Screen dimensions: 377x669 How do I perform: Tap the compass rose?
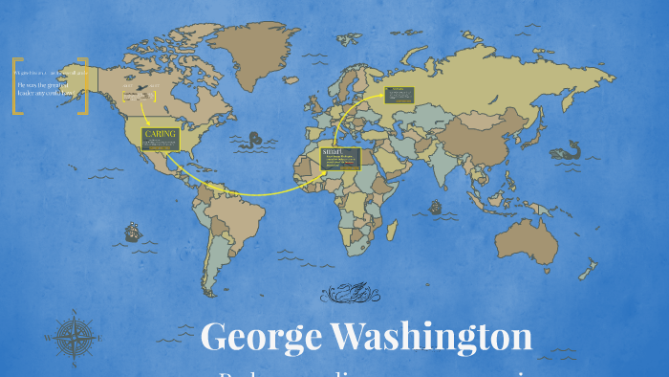(x=73, y=337)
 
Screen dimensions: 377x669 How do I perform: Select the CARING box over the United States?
(x=161, y=139)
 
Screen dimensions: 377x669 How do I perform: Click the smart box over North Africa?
(x=340, y=159)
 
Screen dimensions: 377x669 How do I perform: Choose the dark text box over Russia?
(x=399, y=95)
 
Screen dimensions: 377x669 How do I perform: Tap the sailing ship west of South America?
(x=131, y=231)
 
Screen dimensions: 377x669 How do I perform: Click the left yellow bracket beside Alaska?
(x=17, y=86)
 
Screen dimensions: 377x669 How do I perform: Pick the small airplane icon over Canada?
(x=141, y=87)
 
